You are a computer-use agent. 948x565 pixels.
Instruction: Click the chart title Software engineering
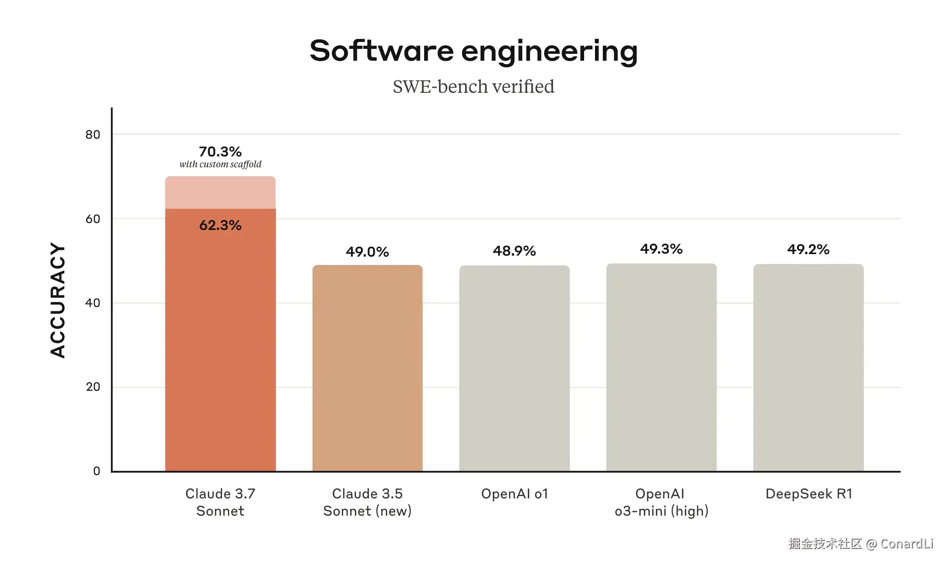coord(474,51)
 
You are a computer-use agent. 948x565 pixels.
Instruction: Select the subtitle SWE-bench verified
coord(474,87)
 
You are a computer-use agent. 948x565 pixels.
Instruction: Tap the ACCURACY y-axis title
coord(58,300)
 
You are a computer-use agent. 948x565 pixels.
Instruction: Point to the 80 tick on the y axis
coord(93,135)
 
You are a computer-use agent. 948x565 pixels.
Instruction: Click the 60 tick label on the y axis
coord(93,219)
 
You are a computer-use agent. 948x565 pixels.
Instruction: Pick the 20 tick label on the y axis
coord(93,387)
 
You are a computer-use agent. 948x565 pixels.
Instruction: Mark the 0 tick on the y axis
coord(97,471)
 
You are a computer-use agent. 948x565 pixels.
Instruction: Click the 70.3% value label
coord(220,151)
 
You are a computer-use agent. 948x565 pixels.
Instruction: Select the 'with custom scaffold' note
coord(220,164)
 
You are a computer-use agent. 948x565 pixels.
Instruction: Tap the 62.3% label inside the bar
coord(220,226)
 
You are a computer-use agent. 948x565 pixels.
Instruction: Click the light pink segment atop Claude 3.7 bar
coord(220,192)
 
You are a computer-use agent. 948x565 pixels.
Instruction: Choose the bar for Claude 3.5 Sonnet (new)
coord(367,368)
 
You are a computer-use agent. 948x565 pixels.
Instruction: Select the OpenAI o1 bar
coord(514,368)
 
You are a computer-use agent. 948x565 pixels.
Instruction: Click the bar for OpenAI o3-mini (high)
coord(661,368)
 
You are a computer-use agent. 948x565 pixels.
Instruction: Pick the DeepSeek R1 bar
coord(808,368)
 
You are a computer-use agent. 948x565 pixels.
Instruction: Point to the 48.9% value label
coord(514,251)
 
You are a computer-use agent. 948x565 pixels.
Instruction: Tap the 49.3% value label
coord(661,249)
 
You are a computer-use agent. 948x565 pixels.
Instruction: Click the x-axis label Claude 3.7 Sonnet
coord(220,502)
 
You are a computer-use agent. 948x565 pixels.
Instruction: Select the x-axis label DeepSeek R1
coord(809,494)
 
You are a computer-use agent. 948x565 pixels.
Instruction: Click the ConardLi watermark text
coord(907,544)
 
